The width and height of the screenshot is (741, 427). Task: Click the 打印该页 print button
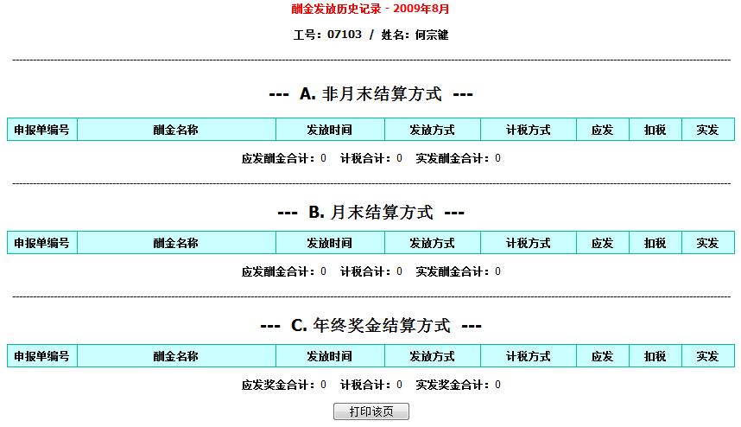pyautogui.click(x=371, y=411)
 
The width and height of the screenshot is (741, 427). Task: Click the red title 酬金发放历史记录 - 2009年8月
pyautogui.click(x=370, y=9)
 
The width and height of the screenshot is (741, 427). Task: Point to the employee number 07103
pyautogui.click(x=345, y=35)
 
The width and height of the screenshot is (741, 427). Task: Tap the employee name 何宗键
pyautogui.click(x=432, y=35)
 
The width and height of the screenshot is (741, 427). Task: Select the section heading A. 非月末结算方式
pyautogui.click(x=371, y=93)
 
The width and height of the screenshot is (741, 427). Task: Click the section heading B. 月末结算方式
pyautogui.click(x=371, y=212)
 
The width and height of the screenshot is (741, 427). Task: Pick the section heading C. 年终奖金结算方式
pyautogui.click(x=371, y=325)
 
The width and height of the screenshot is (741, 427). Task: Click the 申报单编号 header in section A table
pyautogui.click(x=41, y=130)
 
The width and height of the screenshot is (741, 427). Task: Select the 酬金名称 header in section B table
pyautogui.click(x=176, y=243)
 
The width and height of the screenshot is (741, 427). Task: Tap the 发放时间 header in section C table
pyautogui.click(x=329, y=356)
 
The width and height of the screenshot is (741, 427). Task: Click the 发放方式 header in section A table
pyautogui.click(x=432, y=130)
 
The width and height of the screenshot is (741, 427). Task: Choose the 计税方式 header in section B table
pyautogui.click(x=528, y=243)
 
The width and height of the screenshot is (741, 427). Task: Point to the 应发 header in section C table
pyautogui.click(x=602, y=356)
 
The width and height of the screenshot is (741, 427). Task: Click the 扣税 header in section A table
pyautogui.click(x=655, y=130)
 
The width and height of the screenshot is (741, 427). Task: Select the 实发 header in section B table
pyautogui.click(x=707, y=243)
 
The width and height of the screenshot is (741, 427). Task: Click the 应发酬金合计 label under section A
pyautogui.click(x=275, y=158)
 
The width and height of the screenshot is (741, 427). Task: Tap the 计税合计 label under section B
pyautogui.click(x=363, y=271)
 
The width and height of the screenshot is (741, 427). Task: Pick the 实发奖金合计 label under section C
pyautogui.click(x=450, y=385)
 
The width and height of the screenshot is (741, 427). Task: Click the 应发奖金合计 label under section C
pyautogui.click(x=275, y=385)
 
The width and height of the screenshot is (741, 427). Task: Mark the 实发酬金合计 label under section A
pyautogui.click(x=450, y=158)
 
